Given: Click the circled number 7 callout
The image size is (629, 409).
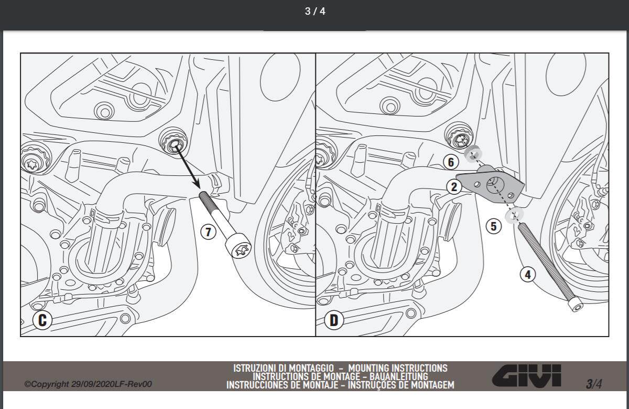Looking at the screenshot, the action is (208, 232).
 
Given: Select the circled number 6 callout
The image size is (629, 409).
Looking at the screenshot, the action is (451, 162).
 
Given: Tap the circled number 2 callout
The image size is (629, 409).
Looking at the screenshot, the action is (454, 187).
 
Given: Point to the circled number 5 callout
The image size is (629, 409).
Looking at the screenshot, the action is (493, 226).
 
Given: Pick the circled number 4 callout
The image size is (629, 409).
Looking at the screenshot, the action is (528, 275).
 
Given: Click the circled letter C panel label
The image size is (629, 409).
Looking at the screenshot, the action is (42, 320).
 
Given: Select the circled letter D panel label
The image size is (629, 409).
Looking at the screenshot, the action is (334, 320).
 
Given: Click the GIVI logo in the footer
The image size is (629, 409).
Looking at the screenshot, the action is (526, 376).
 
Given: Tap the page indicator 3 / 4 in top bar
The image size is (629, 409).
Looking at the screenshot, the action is (315, 11).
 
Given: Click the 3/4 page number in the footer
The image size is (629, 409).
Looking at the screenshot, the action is (594, 384).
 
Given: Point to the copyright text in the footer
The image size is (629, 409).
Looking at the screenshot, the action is (88, 384).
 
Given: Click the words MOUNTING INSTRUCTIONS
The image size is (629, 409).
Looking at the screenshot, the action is (398, 368).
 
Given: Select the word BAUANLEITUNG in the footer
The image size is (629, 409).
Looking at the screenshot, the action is (399, 376).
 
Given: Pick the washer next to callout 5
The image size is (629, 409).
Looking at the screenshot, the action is (514, 216).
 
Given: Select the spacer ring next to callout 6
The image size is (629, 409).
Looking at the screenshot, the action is (473, 154).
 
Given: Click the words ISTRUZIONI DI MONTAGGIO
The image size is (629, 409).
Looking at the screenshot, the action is (284, 368).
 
